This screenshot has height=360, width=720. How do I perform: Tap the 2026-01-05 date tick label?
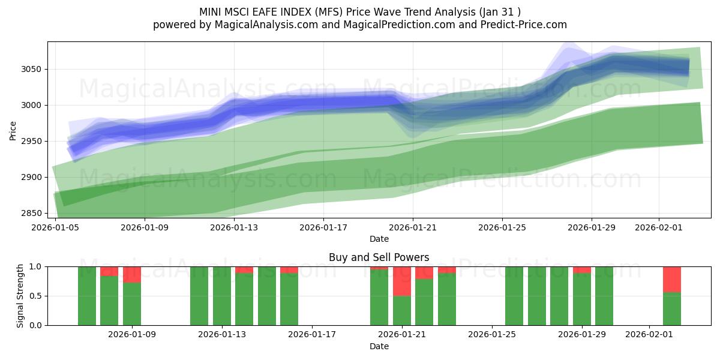56,227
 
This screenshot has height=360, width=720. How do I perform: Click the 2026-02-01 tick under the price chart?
659,227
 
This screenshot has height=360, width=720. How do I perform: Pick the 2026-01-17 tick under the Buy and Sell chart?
312,335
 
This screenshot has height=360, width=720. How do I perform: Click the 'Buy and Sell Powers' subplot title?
379,257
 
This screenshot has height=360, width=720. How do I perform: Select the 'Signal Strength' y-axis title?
20,295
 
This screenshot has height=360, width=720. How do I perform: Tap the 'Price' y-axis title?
13,130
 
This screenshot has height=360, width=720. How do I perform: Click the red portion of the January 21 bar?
402,281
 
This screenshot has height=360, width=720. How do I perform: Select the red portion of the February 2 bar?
672,279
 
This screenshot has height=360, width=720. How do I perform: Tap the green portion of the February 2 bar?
672,308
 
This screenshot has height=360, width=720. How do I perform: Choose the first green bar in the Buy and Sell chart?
87,296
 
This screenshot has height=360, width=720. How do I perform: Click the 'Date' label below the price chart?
379,239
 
